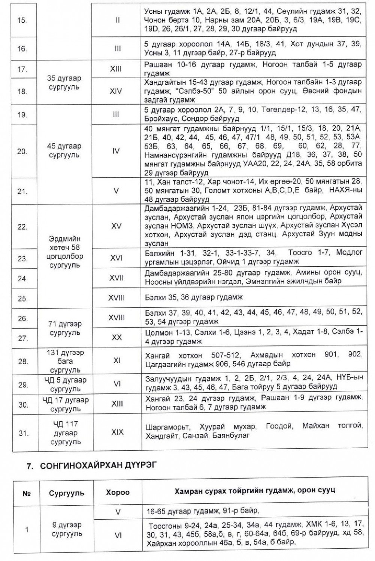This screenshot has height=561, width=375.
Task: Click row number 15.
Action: point(22,20)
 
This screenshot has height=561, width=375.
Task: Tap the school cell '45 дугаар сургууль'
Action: point(64,150)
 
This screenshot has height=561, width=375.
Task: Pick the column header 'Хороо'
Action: point(117,492)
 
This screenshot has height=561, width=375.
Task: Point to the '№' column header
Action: point(26,492)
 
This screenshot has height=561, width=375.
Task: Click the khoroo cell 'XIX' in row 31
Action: point(117,432)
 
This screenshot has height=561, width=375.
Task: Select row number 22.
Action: point(22,226)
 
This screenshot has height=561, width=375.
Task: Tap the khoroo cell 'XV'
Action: point(116,226)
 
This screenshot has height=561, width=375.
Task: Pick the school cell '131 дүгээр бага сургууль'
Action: point(65,361)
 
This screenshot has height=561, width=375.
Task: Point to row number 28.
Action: point(22,361)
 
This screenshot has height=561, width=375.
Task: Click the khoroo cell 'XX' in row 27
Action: point(117,337)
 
